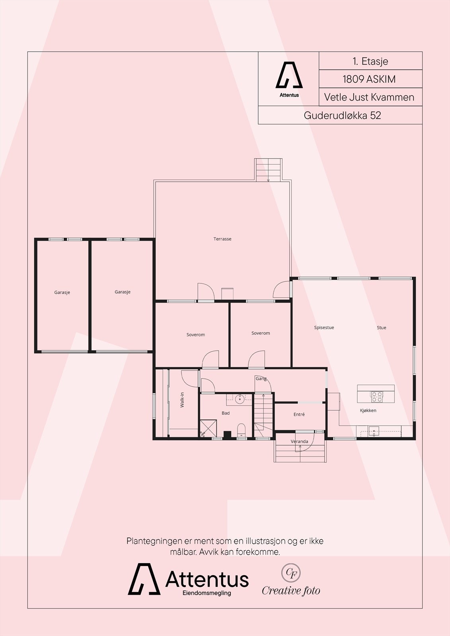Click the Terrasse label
click(x=222, y=239)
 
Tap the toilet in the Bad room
click(x=241, y=430)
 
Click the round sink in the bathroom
click(x=240, y=399)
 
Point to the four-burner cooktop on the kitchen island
click(x=377, y=395)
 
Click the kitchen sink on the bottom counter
click(x=374, y=431)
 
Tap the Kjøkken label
click(x=368, y=411)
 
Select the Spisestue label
click(x=324, y=328)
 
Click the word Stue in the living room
click(x=381, y=328)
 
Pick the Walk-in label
click(x=182, y=399)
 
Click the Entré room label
click(x=299, y=414)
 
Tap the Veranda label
click(x=299, y=441)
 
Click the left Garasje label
click(x=62, y=292)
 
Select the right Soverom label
click(x=261, y=333)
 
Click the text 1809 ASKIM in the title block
click(x=369, y=79)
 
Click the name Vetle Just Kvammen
click(x=369, y=97)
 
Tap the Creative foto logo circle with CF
click(x=291, y=573)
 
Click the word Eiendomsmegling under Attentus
click(x=206, y=593)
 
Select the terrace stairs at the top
click(x=269, y=170)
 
